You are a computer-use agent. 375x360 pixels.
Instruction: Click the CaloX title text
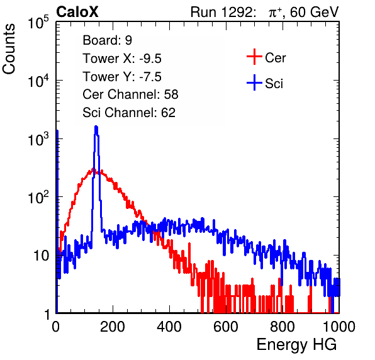point(77,12)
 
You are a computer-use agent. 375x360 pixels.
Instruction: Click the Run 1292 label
point(221,12)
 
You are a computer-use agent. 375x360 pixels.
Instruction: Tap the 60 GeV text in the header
point(314,12)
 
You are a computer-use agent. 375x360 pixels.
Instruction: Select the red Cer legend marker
point(254,57)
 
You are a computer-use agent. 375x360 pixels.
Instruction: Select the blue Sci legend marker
point(254,82)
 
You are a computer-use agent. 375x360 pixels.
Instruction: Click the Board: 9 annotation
point(108,40)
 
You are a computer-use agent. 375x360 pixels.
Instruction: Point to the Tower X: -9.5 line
point(122,59)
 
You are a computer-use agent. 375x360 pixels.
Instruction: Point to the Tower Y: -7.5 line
point(122,77)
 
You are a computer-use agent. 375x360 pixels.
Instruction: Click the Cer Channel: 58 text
point(130,94)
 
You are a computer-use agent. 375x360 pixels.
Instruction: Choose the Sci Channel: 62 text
point(129,113)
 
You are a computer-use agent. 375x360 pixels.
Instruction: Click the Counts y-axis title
point(9,49)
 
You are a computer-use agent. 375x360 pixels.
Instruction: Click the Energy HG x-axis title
point(297,345)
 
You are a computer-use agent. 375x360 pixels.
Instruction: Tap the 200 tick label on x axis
point(113,327)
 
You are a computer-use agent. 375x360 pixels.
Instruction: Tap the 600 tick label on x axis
point(226,327)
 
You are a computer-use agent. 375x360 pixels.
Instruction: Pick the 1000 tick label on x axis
point(339,327)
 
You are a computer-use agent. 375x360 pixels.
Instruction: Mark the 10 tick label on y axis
point(41,256)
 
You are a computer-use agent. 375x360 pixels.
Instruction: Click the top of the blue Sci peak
point(96,127)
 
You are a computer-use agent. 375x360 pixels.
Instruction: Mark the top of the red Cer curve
point(94,169)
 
